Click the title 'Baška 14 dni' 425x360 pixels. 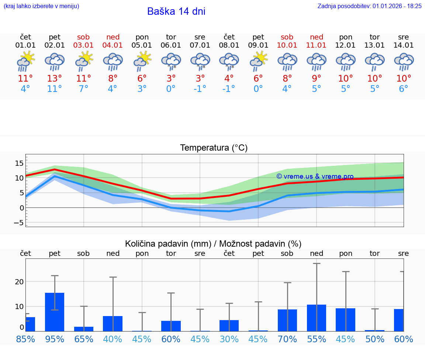point(176,11)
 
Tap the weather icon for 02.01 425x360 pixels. point(55,62)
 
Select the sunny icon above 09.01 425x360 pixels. point(258,61)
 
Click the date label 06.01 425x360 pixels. point(171,45)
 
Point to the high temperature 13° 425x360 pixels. point(55,79)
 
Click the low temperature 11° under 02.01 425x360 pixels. point(55,89)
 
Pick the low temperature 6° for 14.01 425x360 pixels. point(404,89)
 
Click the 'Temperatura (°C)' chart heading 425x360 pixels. point(214,148)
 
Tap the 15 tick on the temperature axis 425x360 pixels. point(19,163)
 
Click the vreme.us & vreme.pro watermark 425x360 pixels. point(315,176)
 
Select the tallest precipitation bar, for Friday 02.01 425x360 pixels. point(55,312)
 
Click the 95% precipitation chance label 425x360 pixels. point(55,339)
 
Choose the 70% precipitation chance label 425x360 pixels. point(287,339)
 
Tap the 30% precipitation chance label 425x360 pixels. point(229,339)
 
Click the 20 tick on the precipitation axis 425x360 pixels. point(19,281)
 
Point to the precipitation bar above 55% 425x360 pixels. point(317,318)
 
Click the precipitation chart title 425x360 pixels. point(213,244)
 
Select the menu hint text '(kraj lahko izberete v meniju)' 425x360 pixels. point(41,6)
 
